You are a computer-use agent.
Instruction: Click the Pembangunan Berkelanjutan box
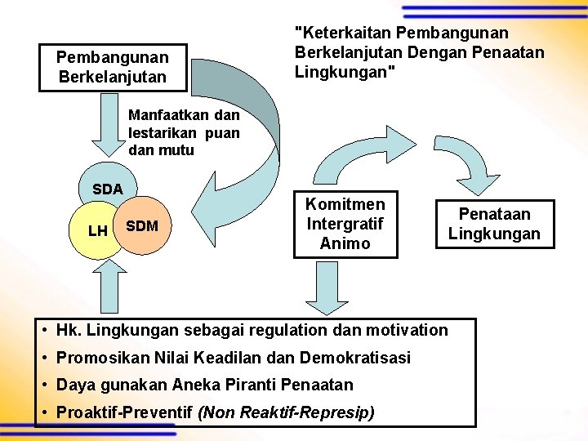(113, 67)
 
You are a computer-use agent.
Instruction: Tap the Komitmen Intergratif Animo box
(345, 222)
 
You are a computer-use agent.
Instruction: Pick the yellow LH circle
(96, 232)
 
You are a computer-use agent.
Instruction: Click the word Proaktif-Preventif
(125, 412)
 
